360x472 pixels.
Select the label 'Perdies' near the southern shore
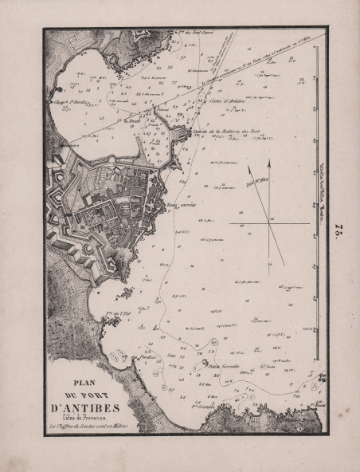click(147, 356)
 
